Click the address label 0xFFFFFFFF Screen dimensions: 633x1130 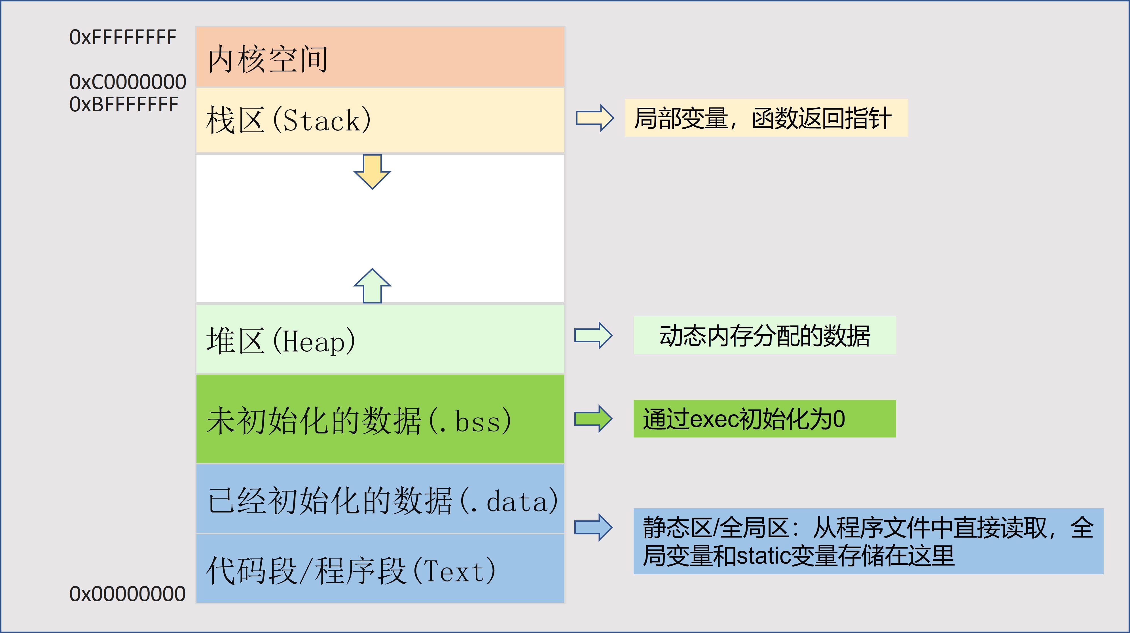coord(123,37)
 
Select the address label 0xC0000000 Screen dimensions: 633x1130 coord(128,82)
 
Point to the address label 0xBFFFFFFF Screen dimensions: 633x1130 coord(124,104)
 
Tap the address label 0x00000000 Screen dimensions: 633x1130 coord(127,594)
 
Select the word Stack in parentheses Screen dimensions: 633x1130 coord(321,120)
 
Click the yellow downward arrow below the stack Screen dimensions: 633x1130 coord(372,171)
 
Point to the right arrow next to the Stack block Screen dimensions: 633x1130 coord(594,118)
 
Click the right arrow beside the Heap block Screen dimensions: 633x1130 coord(593,336)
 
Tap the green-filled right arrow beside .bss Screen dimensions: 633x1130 coord(593,419)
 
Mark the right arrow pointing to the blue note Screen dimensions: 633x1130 coord(593,527)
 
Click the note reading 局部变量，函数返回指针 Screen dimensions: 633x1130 coord(763,118)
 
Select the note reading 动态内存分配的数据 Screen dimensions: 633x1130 coord(765,336)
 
